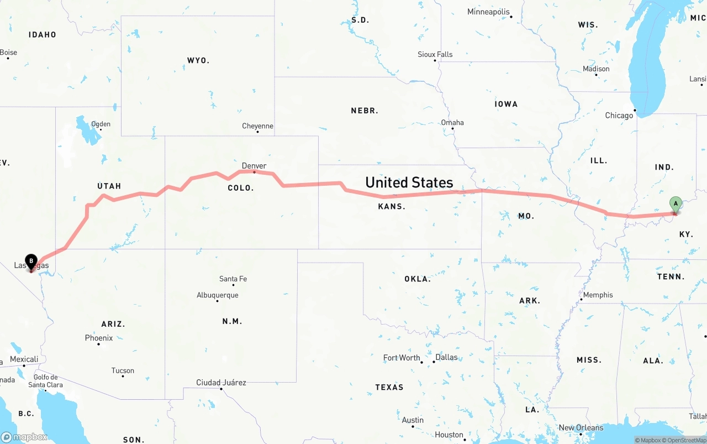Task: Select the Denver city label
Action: pos(254,166)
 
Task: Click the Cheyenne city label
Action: pos(257,126)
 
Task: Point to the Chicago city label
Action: pos(619,116)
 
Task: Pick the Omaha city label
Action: pos(452,123)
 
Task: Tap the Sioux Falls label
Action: pos(435,54)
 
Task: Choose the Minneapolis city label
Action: pos(489,12)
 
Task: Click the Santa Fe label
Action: pos(233,279)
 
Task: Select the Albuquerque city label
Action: pos(218,295)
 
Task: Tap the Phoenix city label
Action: pos(99,338)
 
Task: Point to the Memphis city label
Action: pos(598,295)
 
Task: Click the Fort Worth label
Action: pos(402,358)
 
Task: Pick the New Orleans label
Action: pos(581,427)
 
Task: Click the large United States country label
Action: pos(409,182)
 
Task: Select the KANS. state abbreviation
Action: pos(392,206)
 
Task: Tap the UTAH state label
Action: pos(109,186)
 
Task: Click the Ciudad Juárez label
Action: pos(221,383)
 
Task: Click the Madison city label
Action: pos(596,69)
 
